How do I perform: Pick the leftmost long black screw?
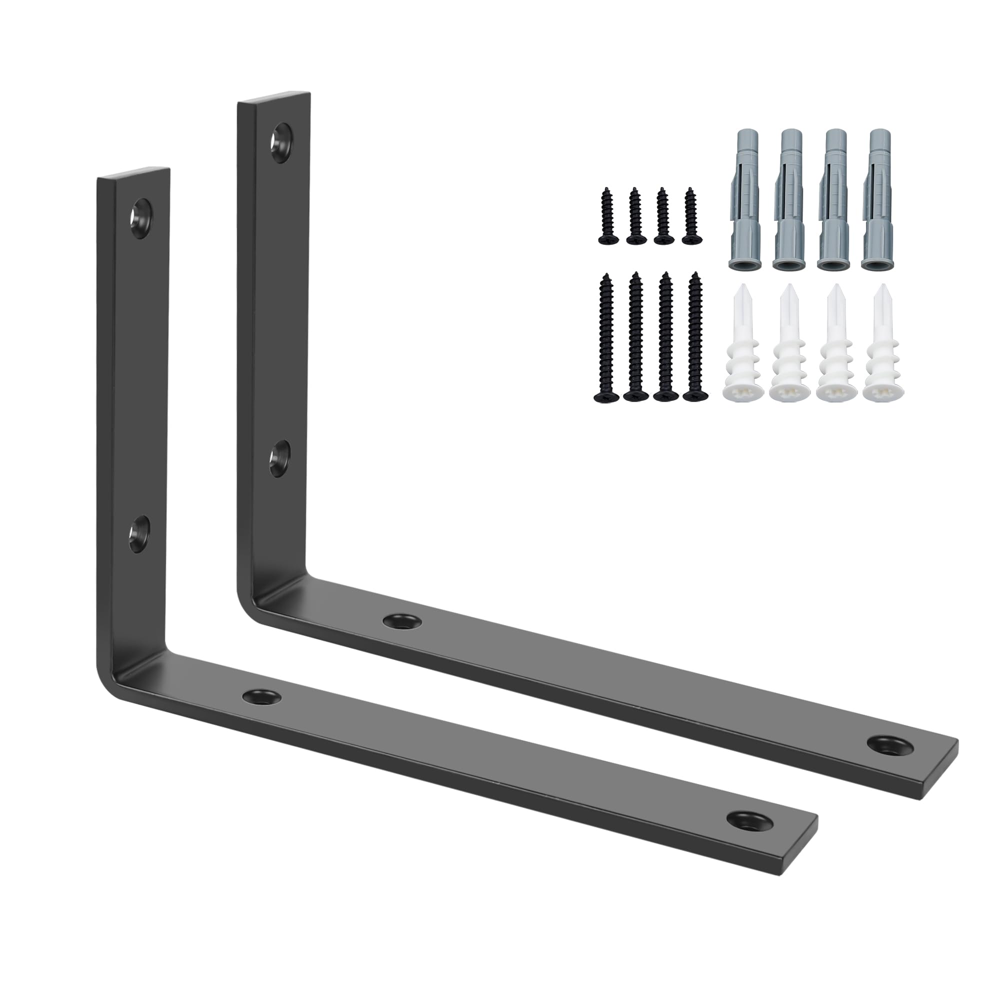coord(605,339)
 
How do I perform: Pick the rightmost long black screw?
coord(694,339)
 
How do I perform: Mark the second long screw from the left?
coord(635,339)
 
